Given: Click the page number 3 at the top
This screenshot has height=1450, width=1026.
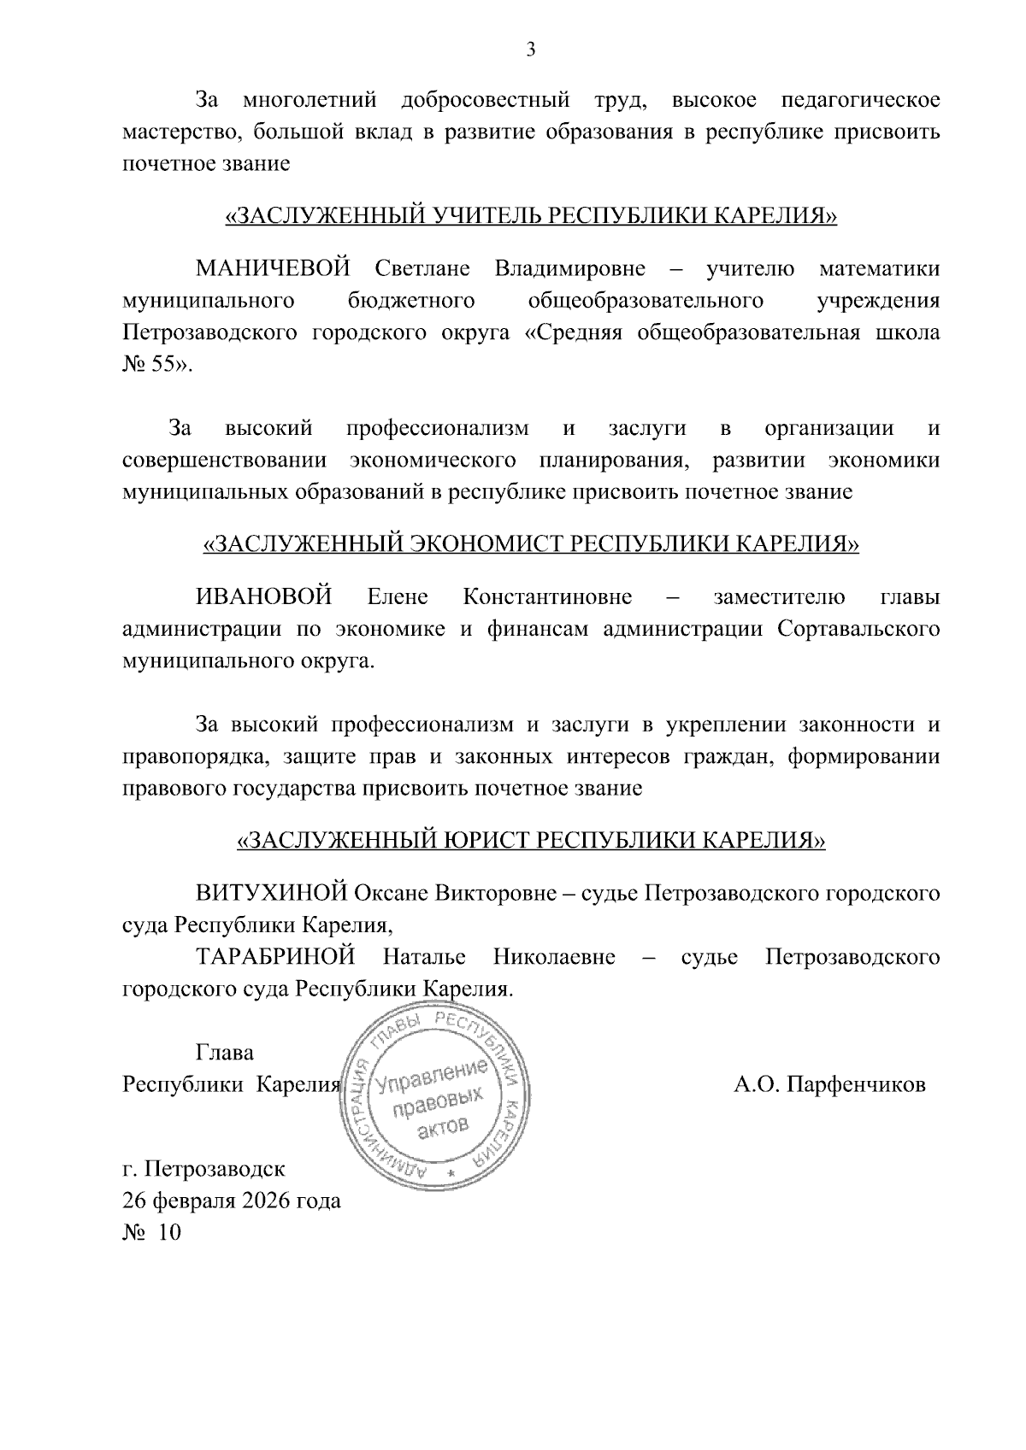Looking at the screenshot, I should tap(530, 50).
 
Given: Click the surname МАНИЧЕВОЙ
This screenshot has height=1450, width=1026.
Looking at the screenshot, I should tap(273, 269).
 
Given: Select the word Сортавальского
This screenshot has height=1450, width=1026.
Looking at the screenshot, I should tap(858, 630).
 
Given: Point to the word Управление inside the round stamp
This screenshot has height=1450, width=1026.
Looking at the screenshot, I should tap(433, 1072).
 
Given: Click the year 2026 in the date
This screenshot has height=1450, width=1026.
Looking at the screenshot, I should tap(265, 1201).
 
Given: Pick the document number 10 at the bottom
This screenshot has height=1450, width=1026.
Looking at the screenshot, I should tap(170, 1233).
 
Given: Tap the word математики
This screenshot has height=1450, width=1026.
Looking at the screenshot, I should tap(879, 269).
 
